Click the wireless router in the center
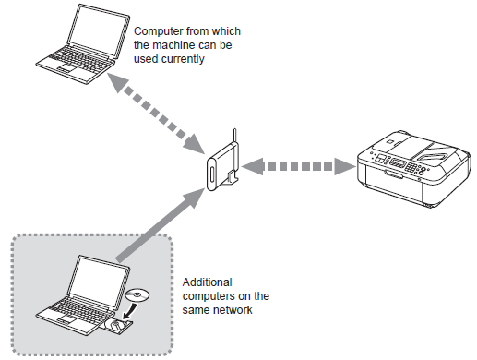(x=222, y=166)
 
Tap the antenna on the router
(x=234, y=136)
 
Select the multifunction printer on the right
(x=413, y=169)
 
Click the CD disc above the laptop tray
(x=137, y=295)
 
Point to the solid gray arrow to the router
(x=160, y=225)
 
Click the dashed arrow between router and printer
(x=299, y=166)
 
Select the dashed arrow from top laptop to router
(x=156, y=114)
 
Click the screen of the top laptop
(x=98, y=30)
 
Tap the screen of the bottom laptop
(x=98, y=281)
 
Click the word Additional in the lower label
(x=208, y=282)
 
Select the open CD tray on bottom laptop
(x=118, y=325)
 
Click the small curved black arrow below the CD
(x=130, y=310)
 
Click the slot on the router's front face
(x=212, y=174)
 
